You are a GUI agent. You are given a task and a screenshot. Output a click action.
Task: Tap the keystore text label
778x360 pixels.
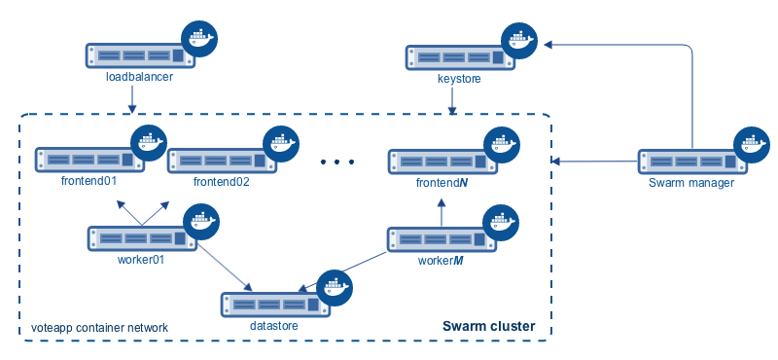coord(459,79)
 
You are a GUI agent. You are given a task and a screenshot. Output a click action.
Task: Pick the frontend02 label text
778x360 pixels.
coord(222,182)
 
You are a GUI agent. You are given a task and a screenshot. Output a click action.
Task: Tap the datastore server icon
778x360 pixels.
coord(273,305)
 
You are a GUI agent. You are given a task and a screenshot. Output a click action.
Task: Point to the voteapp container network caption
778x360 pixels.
coord(100,328)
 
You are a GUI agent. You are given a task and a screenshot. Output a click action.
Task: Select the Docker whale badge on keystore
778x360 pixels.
coord(518,41)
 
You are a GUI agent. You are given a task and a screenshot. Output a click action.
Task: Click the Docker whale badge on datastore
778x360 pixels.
coord(335,288)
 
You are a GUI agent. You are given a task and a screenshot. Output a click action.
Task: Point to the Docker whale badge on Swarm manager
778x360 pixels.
coord(751,144)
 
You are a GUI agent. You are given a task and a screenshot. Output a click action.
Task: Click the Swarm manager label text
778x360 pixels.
coord(691,182)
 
